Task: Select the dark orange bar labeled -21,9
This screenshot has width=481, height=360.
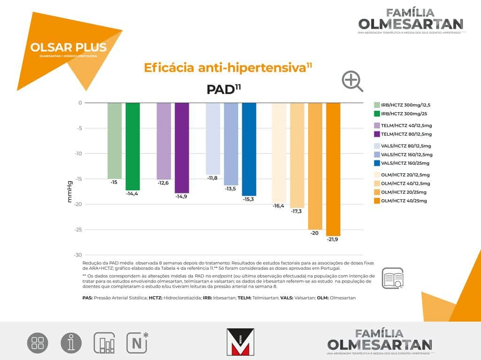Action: (333, 169)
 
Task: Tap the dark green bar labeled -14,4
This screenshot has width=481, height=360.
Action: (133, 146)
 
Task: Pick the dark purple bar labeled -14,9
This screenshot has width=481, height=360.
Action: (182, 147)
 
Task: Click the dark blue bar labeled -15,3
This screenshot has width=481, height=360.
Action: (249, 149)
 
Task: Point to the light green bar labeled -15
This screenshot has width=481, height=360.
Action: (115, 140)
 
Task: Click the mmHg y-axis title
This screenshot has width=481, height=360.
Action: (70, 192)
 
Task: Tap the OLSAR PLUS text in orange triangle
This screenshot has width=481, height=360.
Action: (68, 47)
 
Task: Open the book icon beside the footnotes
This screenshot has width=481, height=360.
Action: (393, 278)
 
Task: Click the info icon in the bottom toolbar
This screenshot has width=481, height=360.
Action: (71, 343)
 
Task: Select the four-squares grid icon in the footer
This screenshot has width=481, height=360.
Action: (38, 343)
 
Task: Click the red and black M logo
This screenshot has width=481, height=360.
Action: (240, 341)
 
